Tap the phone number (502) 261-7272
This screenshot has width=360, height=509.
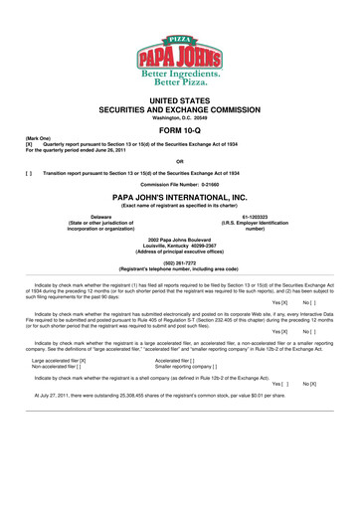point(180,264)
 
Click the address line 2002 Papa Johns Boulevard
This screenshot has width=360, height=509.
point(180,238)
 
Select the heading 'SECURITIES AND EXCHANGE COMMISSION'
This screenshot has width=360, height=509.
point(180,104)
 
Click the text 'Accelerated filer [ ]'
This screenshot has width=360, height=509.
point(175,361)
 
